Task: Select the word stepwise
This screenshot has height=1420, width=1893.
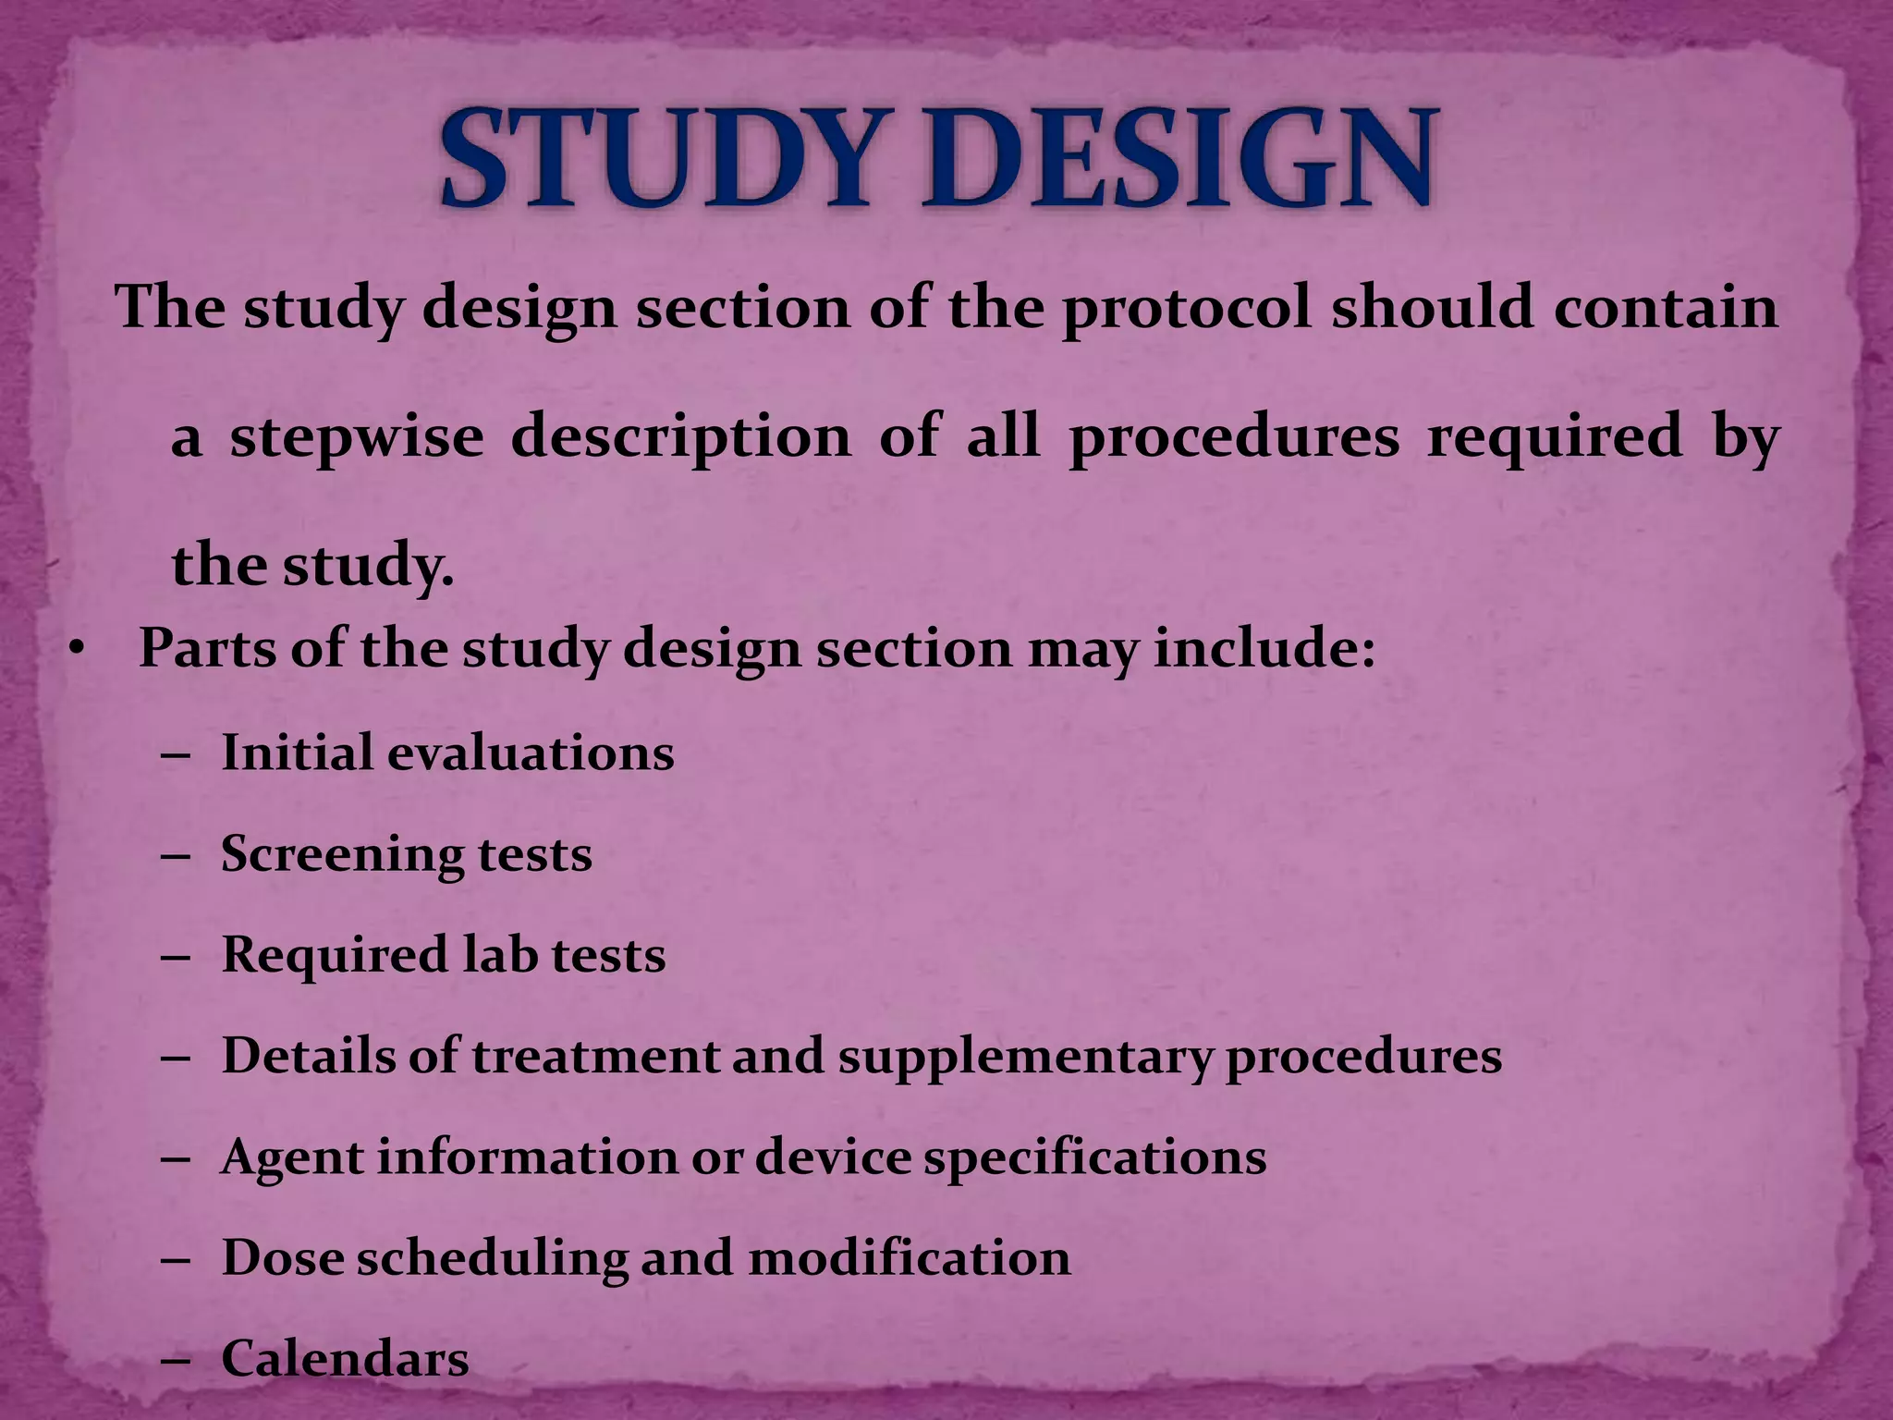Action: pyautogui.click(x=357, y=436)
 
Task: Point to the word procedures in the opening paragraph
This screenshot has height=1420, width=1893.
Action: pyautogui.click(x=1234, y=436)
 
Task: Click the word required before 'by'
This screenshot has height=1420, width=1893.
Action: pyautogui.click(x=1555, y=435)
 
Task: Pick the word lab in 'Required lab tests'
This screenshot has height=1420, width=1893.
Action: pyautogui.click(x=499, y=954)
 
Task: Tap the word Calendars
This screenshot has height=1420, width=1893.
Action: pyautogui.click(x=345, y=1359)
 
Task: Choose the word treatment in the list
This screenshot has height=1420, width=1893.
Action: pyautogui.click(x=595, y=1057)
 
